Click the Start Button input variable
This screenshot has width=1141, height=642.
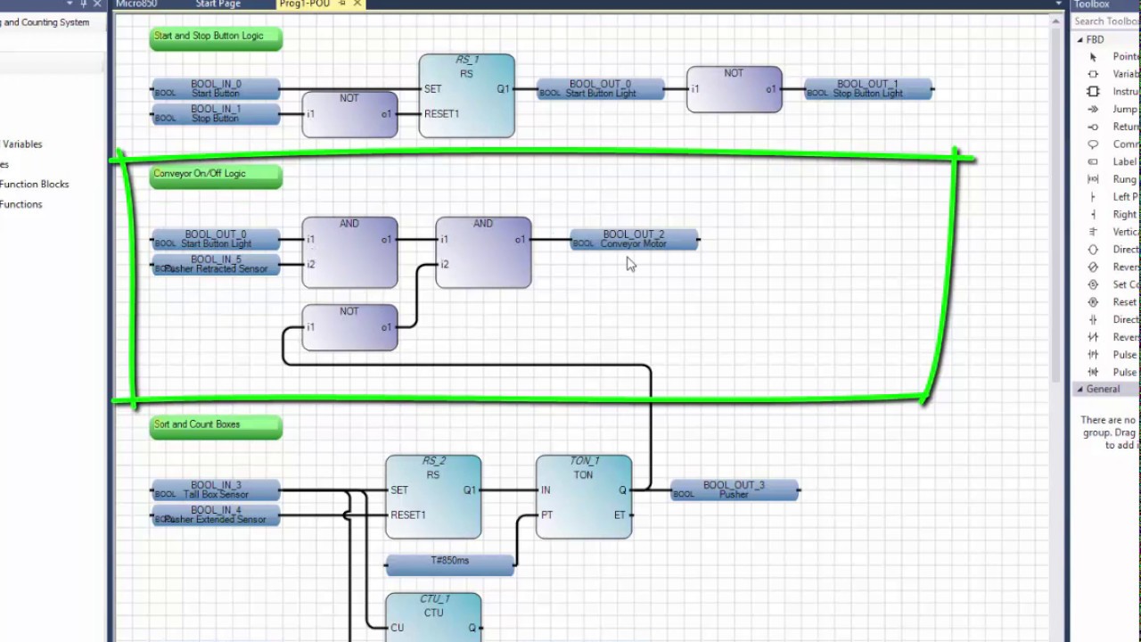(216, 89)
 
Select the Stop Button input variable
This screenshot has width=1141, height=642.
(216, 114)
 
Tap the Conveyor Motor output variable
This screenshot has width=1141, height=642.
(634, 240)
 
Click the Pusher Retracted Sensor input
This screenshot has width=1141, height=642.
(216, 265)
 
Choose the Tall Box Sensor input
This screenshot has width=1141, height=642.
(216, 490)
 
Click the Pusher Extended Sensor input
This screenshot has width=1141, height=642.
(216, 515)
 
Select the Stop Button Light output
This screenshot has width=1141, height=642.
(868, 89)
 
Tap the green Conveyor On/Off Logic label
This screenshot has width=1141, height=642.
(216, 175)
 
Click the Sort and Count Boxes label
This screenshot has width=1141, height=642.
(216, 426)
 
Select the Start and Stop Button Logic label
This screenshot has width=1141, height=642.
(216, 37)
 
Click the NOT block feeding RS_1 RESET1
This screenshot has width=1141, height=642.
(349, 115)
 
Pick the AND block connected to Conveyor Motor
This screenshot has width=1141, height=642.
(483, 253)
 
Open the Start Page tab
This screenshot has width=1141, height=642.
(218, 4)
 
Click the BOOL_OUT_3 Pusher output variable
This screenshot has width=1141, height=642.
(734, 490)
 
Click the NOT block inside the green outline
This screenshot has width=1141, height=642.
(349, 328)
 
